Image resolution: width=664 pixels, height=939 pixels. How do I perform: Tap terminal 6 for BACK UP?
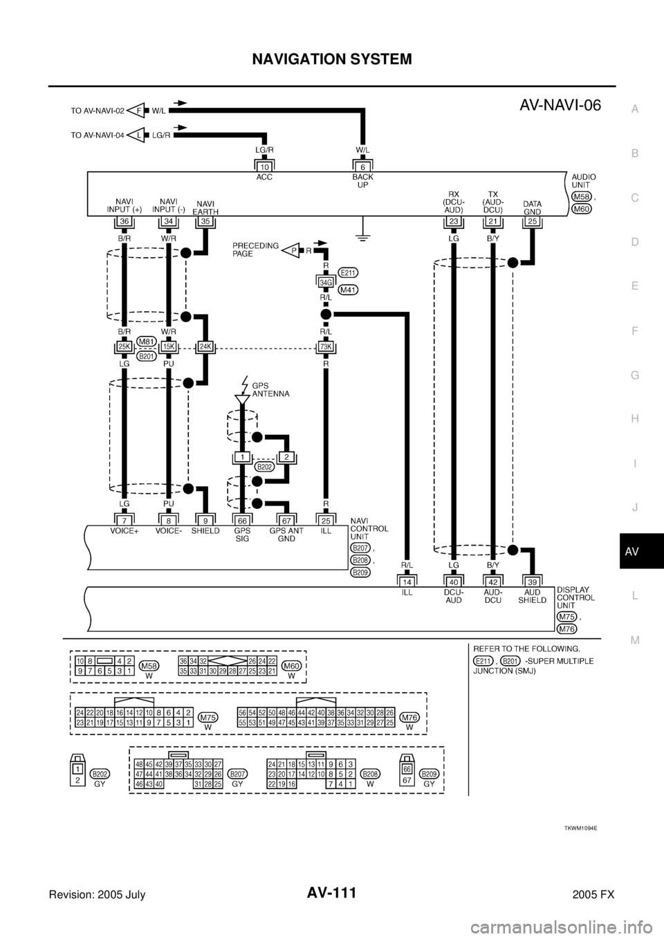[x=362, y=167]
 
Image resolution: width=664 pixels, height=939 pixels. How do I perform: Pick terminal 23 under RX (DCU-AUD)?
[x=453, y=221]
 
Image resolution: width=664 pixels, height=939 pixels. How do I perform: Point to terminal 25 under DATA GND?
[x=531, y=221]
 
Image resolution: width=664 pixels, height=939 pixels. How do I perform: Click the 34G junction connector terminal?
[x=326, y=281]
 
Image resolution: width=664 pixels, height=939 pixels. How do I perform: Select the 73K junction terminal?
[x=326, y=346]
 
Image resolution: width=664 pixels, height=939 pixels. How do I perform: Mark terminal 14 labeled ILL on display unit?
[x=407, y=582]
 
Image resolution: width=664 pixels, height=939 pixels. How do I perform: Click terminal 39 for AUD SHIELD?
[x=531, y=582]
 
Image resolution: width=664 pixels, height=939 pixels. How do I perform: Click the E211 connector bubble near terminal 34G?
[x=349, y=273]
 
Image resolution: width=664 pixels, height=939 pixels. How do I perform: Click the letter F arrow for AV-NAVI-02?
[x=139, y=109]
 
